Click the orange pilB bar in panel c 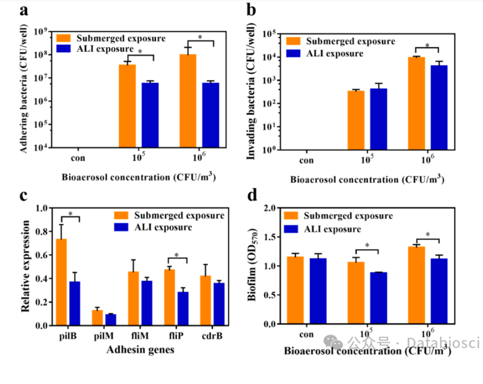coord(62,282)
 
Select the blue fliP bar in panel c coord(183,308)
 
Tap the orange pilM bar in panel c coord(97,317)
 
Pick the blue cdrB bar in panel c coord(219,304)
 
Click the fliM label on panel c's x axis coord(140,335)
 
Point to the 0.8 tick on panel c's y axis coord(42,232)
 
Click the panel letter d coord(252,195)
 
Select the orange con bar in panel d coord(295,290)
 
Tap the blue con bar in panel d coord(318,291)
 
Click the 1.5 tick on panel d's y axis coord(270,237)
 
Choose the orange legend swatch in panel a coord(64,38)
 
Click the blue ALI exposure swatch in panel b coord(293,53)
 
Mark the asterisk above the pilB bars coord(71,214)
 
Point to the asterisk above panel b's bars coord(427,46)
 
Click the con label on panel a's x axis coord(78,158)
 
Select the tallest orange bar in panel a coord(188,101)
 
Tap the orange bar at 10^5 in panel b coord(356,120)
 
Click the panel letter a coord(24,10)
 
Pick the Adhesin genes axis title coord(140,350)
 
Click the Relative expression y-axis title coord(25,266)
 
